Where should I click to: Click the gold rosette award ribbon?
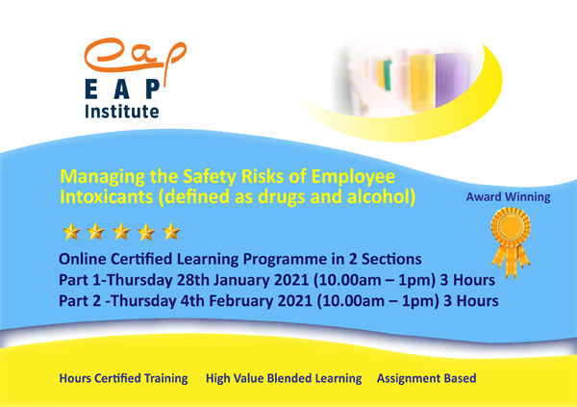pos(510,246)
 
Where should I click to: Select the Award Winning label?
pos(508,198)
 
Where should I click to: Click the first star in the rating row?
pos(69,232)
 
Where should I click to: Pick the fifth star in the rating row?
pos(169,232)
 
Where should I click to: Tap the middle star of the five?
pos(119,232)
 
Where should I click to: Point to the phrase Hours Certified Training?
pos(124,378)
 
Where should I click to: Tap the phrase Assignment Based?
pos(426,378)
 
